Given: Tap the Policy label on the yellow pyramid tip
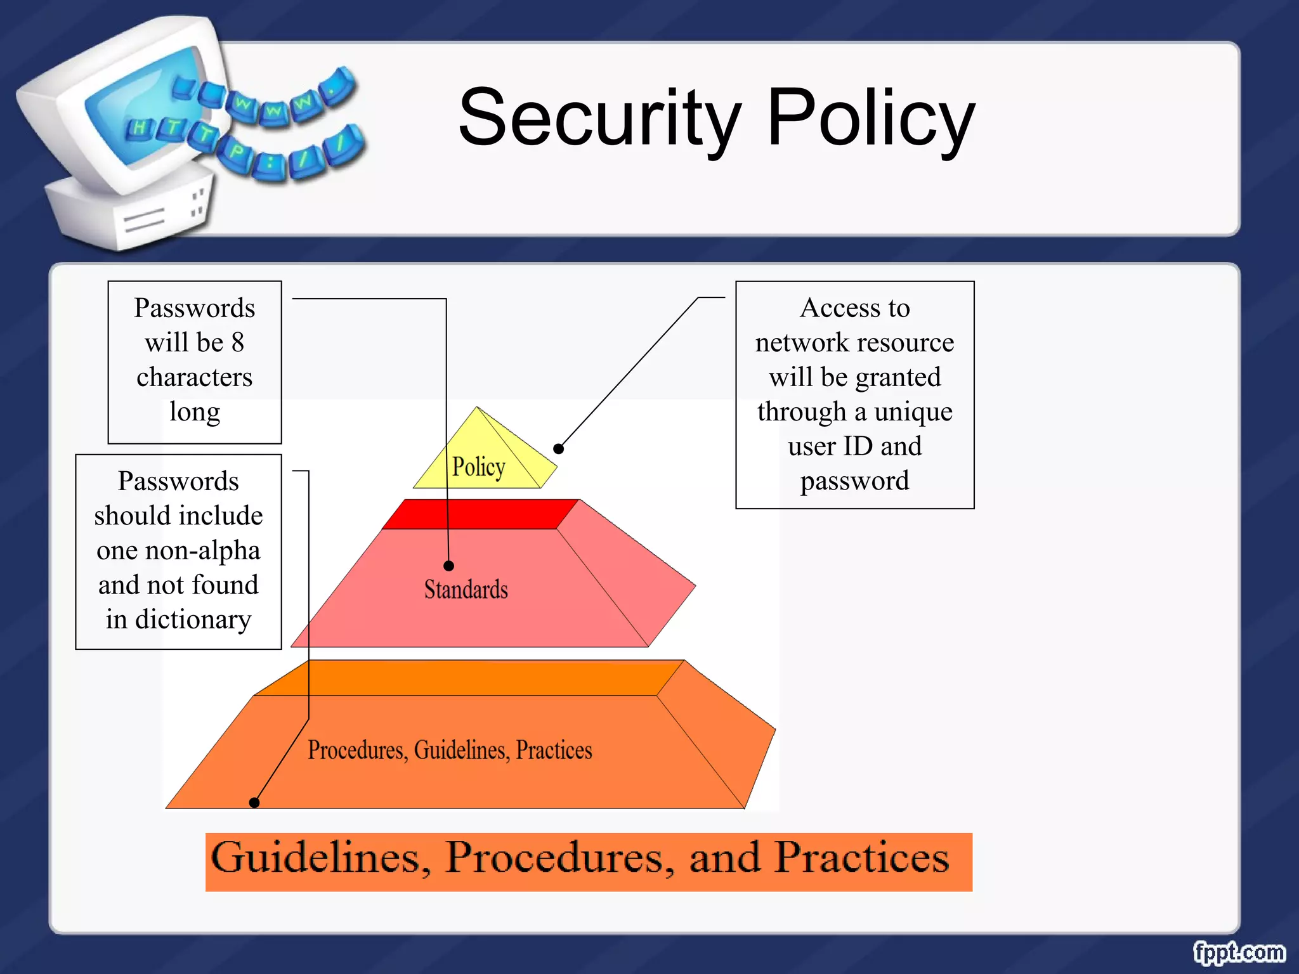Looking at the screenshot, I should click(x=478, y=467).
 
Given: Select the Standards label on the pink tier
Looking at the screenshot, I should click(x=466, y=590).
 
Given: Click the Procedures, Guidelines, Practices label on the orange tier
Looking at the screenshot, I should click(x=450, y=750).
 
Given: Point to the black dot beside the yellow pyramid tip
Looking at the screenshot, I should click(x=558, y=449).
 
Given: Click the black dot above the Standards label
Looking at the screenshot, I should click(x=448, y=566).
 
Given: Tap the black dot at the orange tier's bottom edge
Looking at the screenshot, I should click(x=254, y=803).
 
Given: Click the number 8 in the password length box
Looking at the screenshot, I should click(x=238, y=343).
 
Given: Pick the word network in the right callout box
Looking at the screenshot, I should click(x=796, y=343).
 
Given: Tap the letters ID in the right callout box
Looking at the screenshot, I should click(x=858, y=446).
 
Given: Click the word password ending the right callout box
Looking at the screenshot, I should click(x=854, y=481).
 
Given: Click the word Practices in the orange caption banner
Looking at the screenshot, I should click(x=862, y=859).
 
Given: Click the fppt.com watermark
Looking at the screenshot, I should click(x=1238, y=952).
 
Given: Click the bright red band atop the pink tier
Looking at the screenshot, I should click(x=480, y=514).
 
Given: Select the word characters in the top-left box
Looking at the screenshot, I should click(x=194, y=378).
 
